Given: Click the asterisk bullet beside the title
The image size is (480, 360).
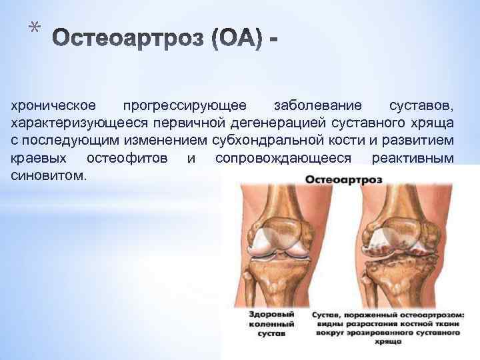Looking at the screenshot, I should pyautogui.click(x=34, y=28).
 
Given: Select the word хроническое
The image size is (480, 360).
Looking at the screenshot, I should pyautogui.click(x=53, y=107).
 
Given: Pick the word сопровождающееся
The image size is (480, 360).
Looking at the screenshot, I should pyautogui.click(x=283, y=159).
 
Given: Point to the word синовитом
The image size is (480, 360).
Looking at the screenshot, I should pyautogui.click(x=47, y=176).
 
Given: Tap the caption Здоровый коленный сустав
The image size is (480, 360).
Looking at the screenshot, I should pyautogui.click(x=265, y=322).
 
